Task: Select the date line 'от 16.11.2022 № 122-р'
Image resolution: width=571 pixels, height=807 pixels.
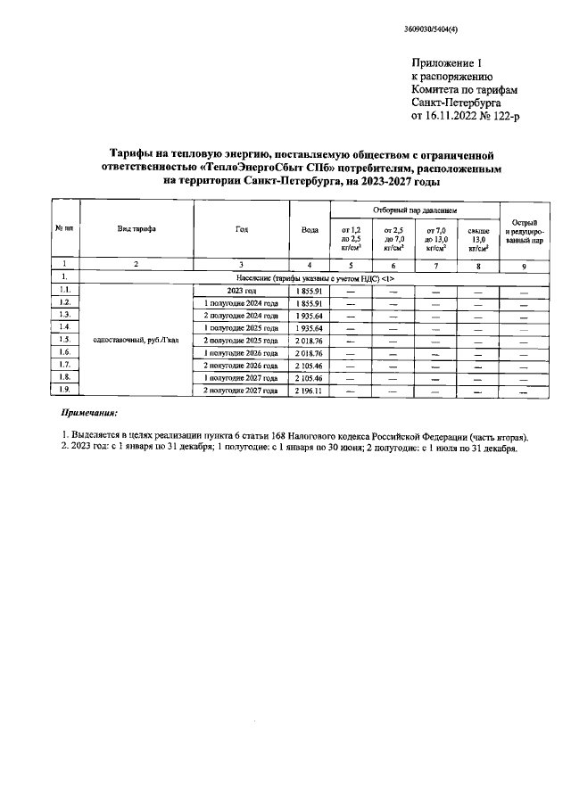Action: pos(461,115)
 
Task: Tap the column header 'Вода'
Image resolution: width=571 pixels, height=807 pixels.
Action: pos(310,229)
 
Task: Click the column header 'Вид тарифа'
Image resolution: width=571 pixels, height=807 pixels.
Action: pos(137,229)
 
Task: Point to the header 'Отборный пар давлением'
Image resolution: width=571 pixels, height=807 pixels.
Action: pos(415,210)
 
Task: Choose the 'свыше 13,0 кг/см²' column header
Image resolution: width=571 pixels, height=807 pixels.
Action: pos(478,239)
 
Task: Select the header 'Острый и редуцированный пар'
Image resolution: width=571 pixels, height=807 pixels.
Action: pos(524,229)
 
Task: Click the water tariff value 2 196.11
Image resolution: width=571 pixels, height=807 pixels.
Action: pos(310,390)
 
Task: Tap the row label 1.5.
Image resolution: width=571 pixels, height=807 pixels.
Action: pos(63,340)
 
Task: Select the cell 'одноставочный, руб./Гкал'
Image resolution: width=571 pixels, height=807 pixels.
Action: pos(137,340)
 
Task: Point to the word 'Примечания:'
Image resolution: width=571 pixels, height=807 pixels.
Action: pos(88,415)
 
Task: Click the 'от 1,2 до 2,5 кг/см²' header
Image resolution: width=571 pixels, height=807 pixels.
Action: pos(351,239)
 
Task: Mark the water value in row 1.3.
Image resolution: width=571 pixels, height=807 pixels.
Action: pos(310,315)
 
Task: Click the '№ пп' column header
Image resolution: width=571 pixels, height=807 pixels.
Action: pos(63,229)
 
